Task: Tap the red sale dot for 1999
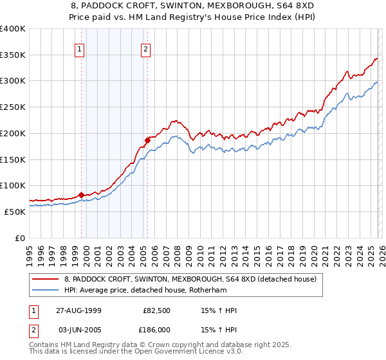click(x=82, y=195)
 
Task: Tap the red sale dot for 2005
click(x=147, y=139)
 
